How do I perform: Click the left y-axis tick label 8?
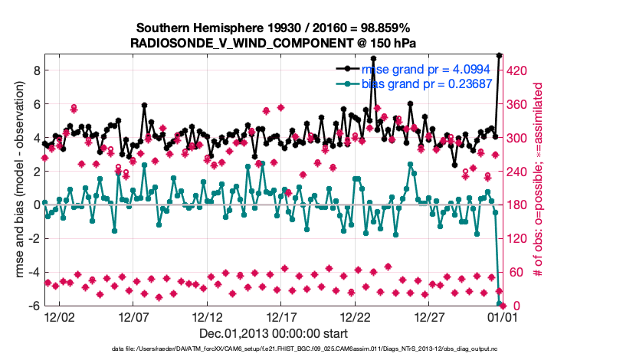(35, 70)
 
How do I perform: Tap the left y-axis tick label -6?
(33, 306)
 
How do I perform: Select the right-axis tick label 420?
(520, 70)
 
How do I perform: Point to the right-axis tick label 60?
(516, 273)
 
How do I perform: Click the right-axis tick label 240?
(520, 172)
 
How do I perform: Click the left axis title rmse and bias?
(18, 180)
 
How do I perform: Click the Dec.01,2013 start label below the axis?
(274, 333)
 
